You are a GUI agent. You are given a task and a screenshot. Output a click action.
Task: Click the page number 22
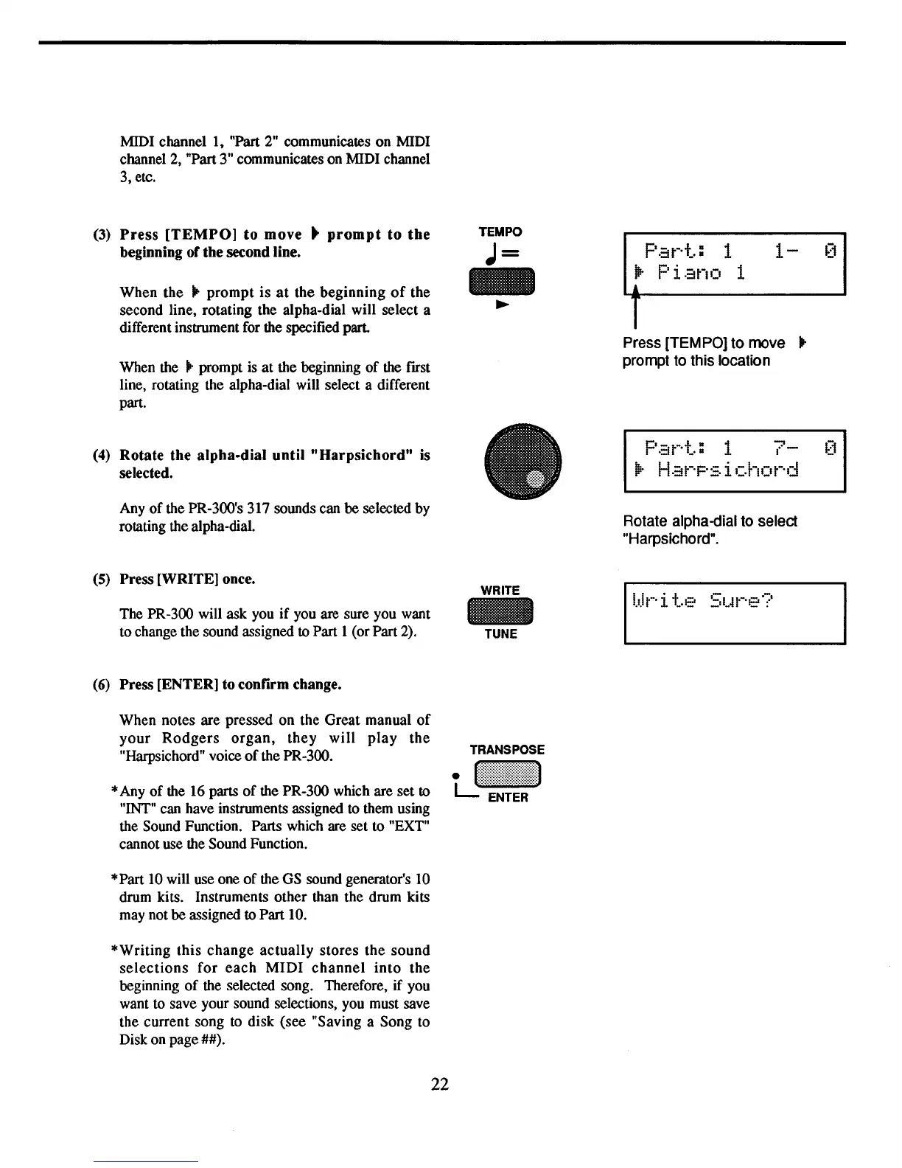tap(440, 1084)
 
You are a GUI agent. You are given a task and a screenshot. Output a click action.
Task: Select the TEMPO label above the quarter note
tap(500, 232)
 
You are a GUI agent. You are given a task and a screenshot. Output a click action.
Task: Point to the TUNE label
tap(500, 634)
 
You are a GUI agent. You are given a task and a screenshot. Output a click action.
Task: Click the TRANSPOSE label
tap(507, 750)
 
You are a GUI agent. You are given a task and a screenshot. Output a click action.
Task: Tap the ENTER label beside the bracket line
tap(508, 798)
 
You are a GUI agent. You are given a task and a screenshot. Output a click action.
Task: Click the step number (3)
tap(102, 235)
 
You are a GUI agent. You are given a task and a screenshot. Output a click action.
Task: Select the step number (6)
tap(102, 685)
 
